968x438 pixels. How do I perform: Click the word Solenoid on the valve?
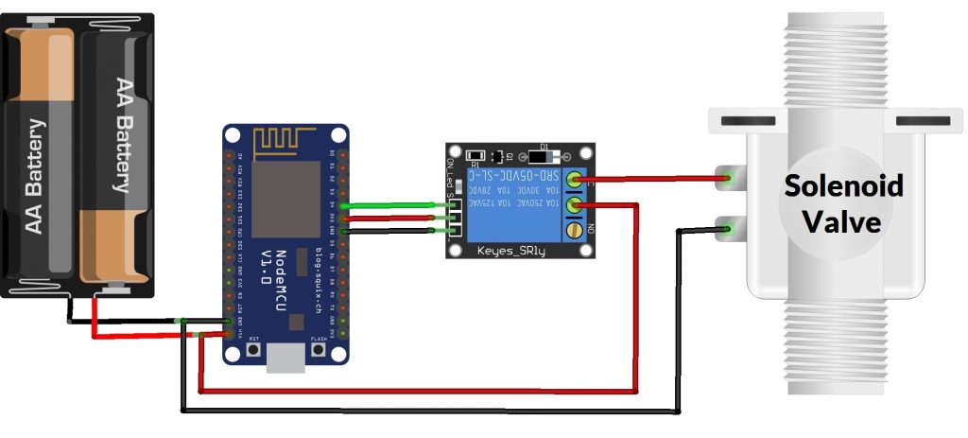point(843,185)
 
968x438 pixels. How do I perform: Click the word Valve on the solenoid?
point(842,222)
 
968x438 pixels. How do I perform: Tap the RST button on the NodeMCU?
point(253,349)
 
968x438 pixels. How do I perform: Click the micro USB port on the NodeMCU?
point(285,357)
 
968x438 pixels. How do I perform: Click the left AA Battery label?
point(36,176)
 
